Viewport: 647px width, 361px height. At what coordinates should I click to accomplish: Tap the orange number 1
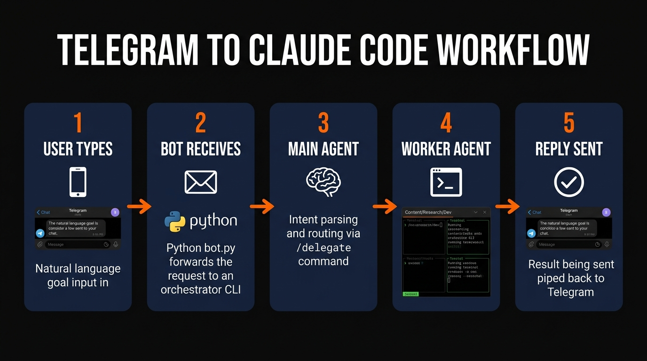pos(78,123)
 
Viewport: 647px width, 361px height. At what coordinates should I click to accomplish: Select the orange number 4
pos(446,123)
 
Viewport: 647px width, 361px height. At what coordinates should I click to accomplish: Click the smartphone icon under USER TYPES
pos(78,182)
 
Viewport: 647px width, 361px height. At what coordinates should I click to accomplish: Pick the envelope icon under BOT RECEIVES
pos(201,182)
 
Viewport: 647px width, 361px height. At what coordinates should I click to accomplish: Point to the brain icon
pos(323,182)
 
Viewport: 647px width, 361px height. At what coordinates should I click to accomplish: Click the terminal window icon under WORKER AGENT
pos(446,182)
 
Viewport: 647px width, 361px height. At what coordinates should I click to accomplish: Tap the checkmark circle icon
pos(569,182)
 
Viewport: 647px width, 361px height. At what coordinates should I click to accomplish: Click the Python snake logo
pos(175,221)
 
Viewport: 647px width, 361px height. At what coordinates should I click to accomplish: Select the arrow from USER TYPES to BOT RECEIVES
pos(139,206)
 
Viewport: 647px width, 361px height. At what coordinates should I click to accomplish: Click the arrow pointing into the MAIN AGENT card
pos(262,206)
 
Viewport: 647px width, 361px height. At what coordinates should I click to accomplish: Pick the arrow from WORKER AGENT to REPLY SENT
pos(507,206)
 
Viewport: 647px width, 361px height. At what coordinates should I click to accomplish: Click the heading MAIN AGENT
pos(323,149)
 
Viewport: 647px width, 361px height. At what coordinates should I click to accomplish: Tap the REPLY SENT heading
pos(569,149)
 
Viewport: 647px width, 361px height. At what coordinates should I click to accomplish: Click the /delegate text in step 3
pos(323,247)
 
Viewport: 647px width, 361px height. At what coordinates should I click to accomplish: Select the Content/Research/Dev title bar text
pos(428,212)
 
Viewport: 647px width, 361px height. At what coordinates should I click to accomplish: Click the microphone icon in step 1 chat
pos(116,244)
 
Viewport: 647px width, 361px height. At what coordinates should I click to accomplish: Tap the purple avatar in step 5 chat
pos(607,212)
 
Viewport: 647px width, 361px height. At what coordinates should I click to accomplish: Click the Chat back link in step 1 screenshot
pos(43,212)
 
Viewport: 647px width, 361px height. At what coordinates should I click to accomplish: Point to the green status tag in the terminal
pos(411,294)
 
